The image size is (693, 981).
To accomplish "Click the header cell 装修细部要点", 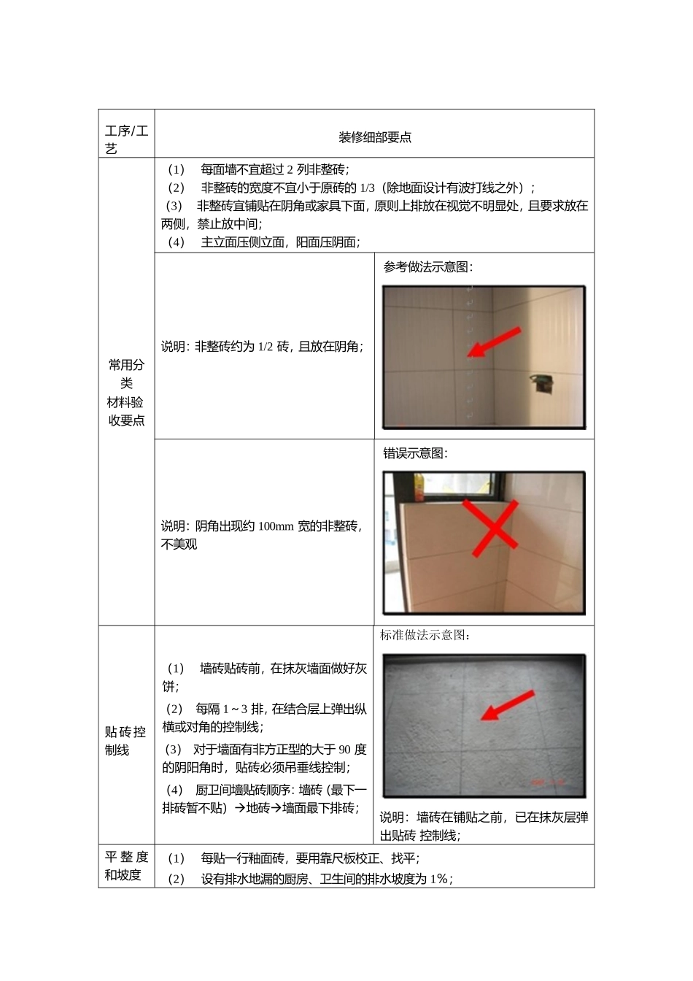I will [375, 137].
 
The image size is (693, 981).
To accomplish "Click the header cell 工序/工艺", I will [126, 139].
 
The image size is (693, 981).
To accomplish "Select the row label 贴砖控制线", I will [125, 741].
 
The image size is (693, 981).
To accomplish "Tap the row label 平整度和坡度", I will [126, 866].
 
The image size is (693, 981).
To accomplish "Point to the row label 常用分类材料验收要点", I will [126, 392].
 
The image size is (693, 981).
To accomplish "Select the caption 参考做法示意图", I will [427, 267].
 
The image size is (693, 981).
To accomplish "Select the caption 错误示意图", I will [415, 453].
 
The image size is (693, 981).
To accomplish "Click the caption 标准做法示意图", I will [425, 635].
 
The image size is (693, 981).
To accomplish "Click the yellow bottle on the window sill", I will [419, 487].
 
